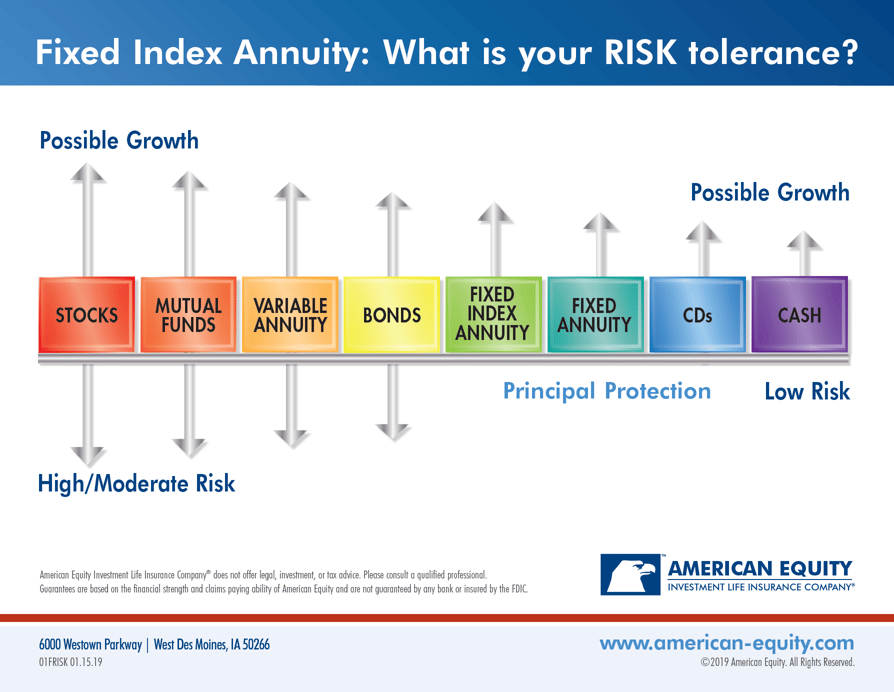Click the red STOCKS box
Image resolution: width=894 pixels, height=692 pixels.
(87, 315)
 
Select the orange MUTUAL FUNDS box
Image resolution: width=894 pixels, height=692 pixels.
(188, 315)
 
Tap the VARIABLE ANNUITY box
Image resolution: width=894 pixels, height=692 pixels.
(290, 315)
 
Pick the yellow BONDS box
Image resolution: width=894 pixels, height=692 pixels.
(392, 315)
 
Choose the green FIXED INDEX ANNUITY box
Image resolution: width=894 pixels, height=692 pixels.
(493, 315)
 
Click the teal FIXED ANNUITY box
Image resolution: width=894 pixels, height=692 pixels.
(595, 315)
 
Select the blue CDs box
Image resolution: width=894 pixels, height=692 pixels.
(697, 315)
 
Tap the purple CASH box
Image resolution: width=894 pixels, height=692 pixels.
(799, 315)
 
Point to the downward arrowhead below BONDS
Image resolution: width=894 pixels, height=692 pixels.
(392, 431)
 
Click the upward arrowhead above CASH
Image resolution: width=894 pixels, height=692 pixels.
(799, 240)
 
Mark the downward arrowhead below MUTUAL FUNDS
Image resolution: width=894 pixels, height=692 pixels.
(188, 447)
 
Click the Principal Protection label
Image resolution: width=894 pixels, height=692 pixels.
(607, 391)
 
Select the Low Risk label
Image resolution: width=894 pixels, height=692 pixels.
(807, 391)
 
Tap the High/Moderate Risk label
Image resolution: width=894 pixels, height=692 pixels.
(136, 484)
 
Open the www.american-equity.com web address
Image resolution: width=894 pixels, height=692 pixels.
(727, 642)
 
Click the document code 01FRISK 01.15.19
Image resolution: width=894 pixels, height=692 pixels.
(70, 662)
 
